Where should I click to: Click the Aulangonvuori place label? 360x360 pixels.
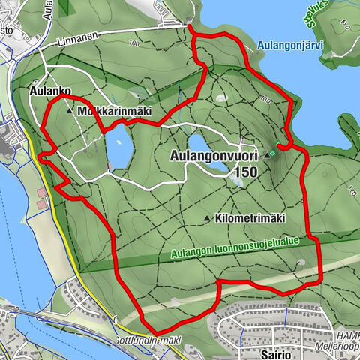[214, 155]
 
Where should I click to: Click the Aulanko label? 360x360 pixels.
[51, 91]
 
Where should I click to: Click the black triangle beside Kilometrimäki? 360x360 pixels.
[207, 219]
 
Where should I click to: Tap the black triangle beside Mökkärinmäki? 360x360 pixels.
[70, 111]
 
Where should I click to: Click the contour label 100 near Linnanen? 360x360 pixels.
[134, 43]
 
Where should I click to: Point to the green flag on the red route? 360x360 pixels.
[279, 144]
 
